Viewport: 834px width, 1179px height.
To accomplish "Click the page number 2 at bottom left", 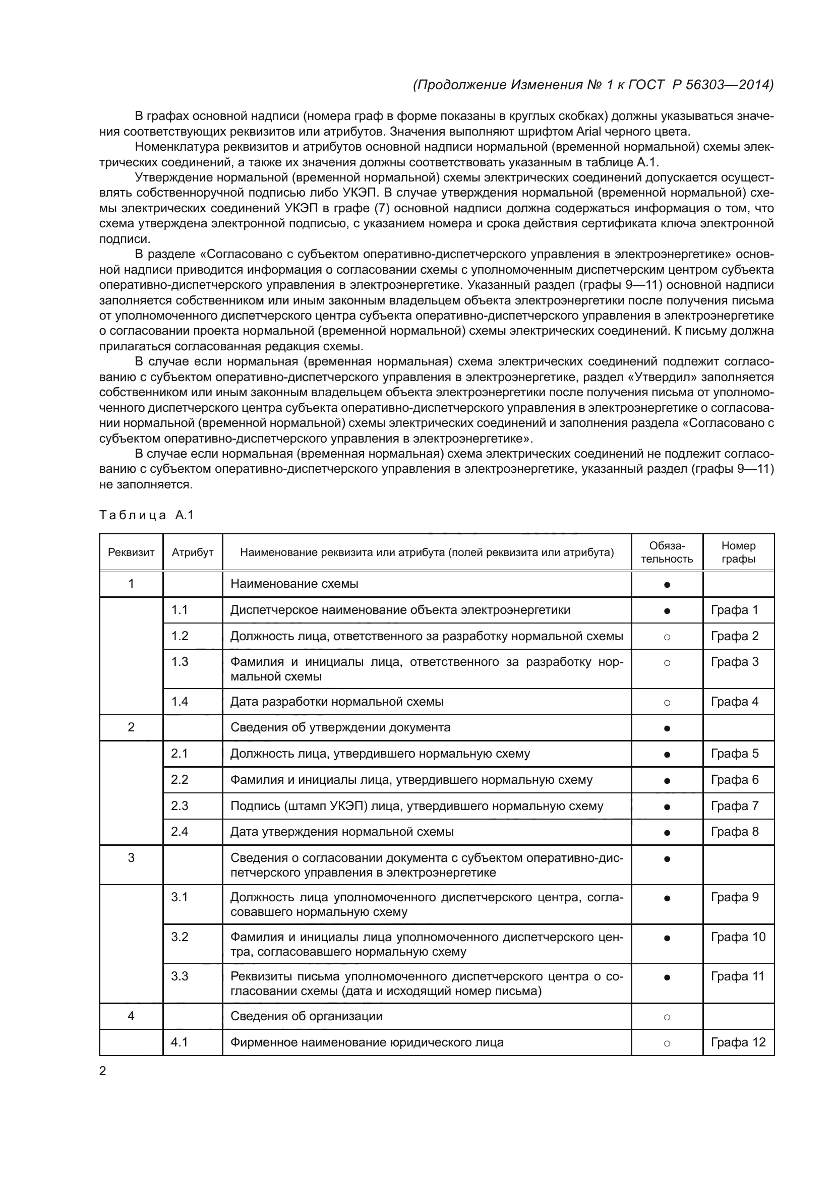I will coord(102,1071).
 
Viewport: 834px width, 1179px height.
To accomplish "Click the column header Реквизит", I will coord(131,552).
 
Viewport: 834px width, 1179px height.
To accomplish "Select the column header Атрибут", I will coord(193,552).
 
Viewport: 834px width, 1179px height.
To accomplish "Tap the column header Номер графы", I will coord(738,552).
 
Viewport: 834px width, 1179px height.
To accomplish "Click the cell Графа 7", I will coord(734,805).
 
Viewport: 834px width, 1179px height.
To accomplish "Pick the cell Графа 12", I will coord(738,1042).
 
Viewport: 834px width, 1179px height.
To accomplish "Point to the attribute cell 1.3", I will coord(180,662).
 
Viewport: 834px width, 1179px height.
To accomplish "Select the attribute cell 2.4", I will coord(180,831).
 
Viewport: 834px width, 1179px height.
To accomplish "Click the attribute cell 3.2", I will coord(180,937).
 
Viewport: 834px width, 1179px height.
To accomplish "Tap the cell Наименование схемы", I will coord(294,584).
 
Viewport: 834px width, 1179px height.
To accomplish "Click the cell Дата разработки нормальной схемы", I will coord(336,702).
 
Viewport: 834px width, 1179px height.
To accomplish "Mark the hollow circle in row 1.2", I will coord(667,637).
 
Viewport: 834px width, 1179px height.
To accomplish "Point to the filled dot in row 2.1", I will coord(667,755).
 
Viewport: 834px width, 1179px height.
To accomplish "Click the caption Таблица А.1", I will coord(146,515).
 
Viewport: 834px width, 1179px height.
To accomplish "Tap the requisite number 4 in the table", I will coord(131,1016).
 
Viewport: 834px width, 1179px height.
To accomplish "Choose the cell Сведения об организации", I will coord(306,1016).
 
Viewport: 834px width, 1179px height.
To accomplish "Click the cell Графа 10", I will coord(738,937).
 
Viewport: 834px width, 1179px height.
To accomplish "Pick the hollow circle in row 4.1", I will coord(667,1043).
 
